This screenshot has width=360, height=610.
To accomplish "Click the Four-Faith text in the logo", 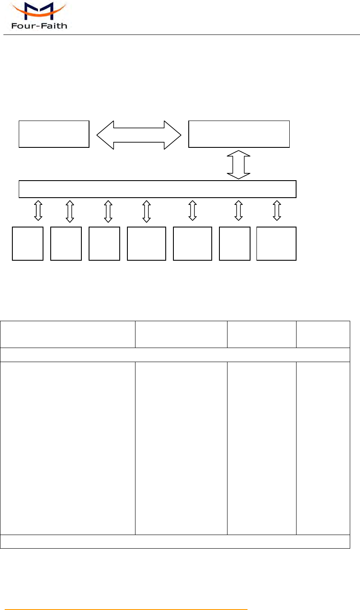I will [39, 26].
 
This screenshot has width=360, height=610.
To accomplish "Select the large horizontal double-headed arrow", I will [139, 135].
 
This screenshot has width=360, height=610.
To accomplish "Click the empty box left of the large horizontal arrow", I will [54, 134].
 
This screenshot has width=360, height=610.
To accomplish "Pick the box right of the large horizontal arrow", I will [239, 134].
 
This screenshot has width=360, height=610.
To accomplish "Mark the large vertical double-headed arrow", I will [239, 164].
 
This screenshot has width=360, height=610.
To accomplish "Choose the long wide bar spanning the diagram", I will [158, 189].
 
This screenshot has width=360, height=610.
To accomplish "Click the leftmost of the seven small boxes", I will [28, 244].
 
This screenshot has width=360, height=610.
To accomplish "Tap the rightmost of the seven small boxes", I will [276, 244].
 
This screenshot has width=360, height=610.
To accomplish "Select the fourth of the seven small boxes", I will [147, 244].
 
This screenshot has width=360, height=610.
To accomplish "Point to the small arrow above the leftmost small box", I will [38, 210].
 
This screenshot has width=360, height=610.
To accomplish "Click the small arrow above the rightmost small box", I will [277, 210].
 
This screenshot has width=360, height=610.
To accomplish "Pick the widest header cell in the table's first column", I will [68, 334].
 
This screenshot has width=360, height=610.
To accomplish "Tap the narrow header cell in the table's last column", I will [323, 334].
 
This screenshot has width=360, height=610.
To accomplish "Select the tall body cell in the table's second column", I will [181, 448].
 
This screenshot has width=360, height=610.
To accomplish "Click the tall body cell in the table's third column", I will [262, 448].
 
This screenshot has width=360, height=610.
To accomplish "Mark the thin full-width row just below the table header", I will [175, 355].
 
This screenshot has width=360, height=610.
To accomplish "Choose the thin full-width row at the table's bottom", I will [175, 541].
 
